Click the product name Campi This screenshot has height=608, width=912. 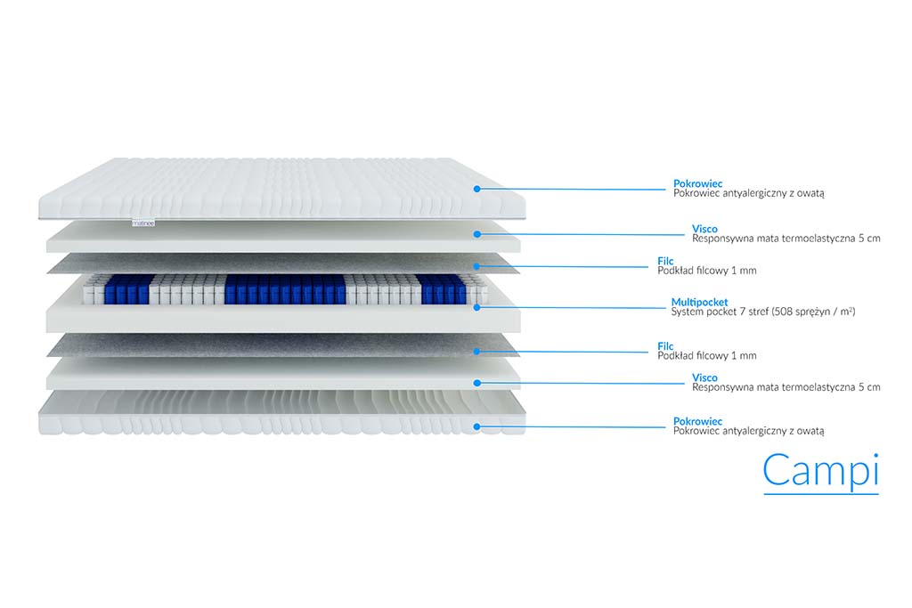820,470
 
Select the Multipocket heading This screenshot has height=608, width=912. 699,303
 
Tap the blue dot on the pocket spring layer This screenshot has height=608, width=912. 477,307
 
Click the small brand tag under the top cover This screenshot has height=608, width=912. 143,223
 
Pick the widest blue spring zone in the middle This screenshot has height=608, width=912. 285,289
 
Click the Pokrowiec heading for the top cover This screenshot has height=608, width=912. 697,183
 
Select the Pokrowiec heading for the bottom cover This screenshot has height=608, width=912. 697,421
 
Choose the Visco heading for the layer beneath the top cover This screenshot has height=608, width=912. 704,229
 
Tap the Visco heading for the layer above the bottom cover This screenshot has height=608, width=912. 704,377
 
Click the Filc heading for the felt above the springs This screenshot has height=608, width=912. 665,261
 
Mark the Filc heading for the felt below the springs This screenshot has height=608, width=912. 665,346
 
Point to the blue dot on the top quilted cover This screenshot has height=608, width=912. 477,189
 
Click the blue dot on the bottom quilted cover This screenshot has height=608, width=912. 477,426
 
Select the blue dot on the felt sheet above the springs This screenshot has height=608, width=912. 477,266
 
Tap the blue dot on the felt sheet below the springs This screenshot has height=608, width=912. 477,352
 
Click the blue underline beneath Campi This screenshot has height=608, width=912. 820,494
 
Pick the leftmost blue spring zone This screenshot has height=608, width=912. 127,289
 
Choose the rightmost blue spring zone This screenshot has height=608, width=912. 444,289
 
